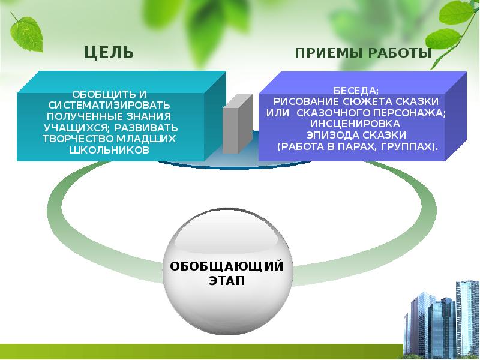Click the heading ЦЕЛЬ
108,53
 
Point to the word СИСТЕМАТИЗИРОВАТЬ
109,104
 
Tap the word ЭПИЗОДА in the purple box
329,134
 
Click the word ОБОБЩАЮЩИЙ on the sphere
227,266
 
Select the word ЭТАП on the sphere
227,281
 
